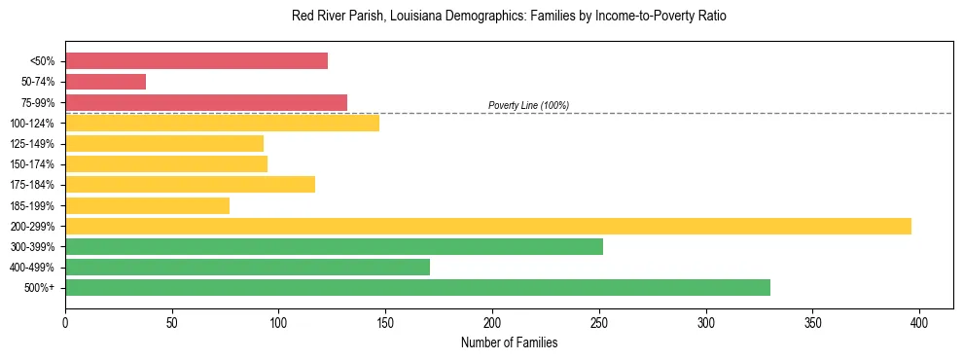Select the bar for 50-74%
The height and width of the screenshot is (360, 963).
[105, 82]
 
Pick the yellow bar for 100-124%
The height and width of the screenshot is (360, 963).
[222, 123]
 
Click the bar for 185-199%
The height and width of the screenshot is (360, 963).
[147, 205]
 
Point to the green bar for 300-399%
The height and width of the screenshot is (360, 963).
[334, 246]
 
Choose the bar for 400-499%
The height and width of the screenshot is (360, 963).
[247, 267]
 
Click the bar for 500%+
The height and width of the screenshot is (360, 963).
[417, 287]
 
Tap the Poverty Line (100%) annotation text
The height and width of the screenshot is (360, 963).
[528, 105]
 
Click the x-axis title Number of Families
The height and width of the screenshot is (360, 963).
[509, 342]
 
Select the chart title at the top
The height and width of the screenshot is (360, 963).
[509, 17]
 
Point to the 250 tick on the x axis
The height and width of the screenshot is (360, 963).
[599, 320]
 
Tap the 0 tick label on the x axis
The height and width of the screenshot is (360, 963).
[65, 320]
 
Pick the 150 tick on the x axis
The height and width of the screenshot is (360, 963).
[386, 320]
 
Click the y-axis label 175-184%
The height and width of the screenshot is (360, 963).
[32, 185]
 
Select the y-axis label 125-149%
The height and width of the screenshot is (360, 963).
[32, 144]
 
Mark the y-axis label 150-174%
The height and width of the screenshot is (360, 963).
[32, 164]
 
